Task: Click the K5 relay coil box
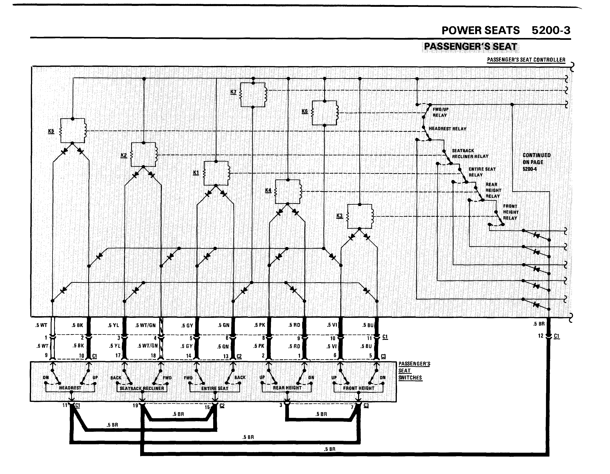pos(73,131)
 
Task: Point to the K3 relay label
pos(339,216)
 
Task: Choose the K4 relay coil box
pos(288,192)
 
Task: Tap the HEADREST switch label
pos(70,388)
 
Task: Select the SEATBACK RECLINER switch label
pos(142,388)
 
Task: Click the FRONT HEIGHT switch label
pos(359,388)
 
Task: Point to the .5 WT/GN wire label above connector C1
pos(145,325)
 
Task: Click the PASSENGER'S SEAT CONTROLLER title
pos(526,60)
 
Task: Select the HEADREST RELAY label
pos(447,129)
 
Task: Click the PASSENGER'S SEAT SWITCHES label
pos(414,371)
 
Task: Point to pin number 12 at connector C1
pos(541,336)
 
